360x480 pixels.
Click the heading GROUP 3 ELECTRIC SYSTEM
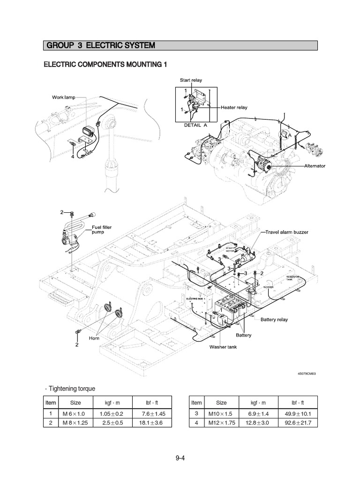click(x=100, y=45)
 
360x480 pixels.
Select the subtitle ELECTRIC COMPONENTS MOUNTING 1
click(x=105, y=64)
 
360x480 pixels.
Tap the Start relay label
click(x=191, y=80)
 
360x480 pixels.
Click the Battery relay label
click(x=274, y=320)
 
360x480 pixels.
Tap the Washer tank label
click(x=223, y=347)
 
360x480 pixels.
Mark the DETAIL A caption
click(x=195, y=125)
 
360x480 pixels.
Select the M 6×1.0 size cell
click(x=75, y=413)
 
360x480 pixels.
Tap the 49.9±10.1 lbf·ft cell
click(x=298, y=413)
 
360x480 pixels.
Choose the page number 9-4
click(x=180, y=458)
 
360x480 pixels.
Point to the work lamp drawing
click(x=88, y=132)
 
